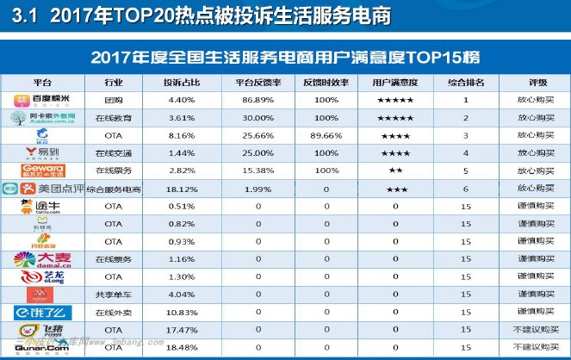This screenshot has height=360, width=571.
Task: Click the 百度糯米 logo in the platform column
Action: (40, 101)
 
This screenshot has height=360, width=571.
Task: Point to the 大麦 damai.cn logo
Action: (40, 258)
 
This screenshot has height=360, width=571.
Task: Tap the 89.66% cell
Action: (327, 135)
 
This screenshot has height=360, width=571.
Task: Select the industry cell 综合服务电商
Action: (113, 189)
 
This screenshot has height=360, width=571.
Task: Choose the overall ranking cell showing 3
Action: (465, 135)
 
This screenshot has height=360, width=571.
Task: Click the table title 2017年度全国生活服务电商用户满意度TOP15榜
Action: (285, 57)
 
